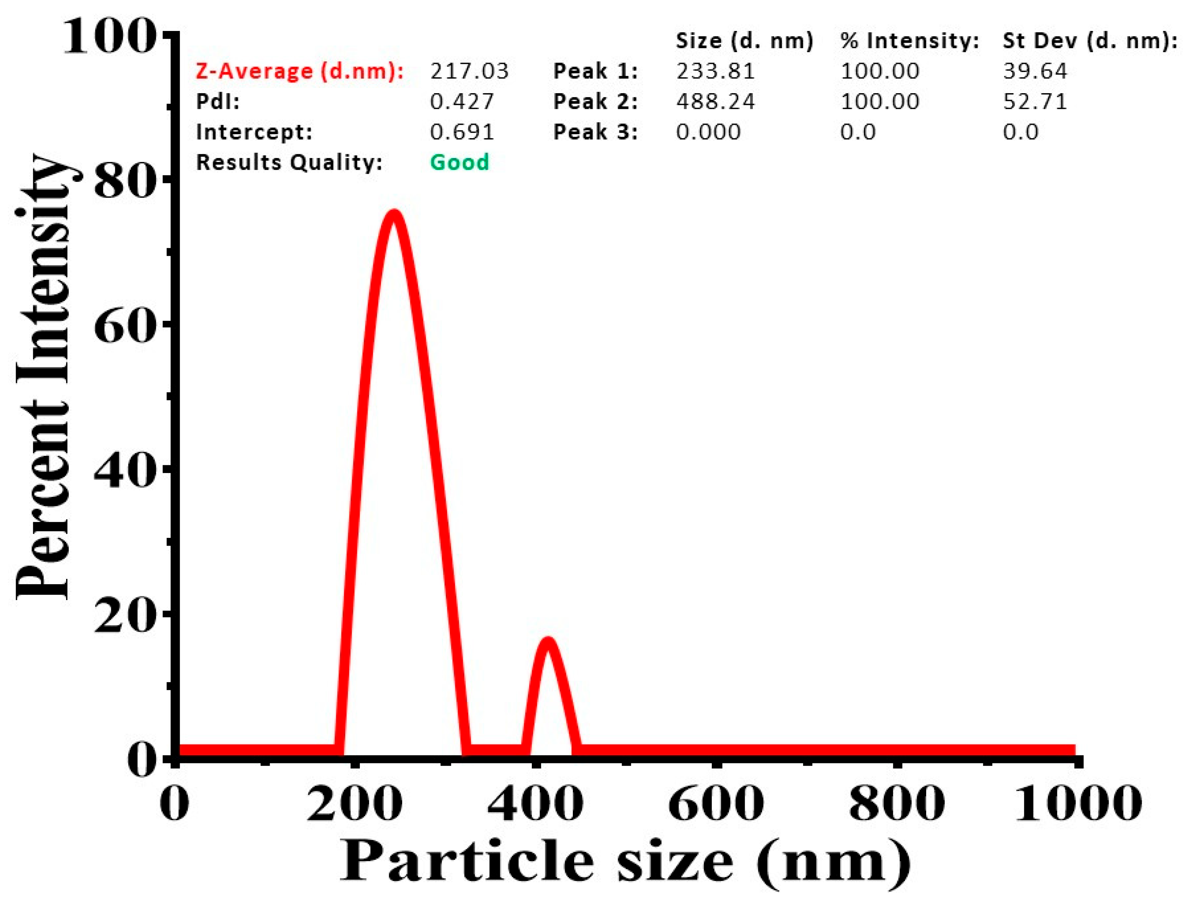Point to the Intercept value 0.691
point(462,132)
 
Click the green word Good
point(460,162)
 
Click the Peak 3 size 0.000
point(708,132)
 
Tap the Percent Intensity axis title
point(43,378)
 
